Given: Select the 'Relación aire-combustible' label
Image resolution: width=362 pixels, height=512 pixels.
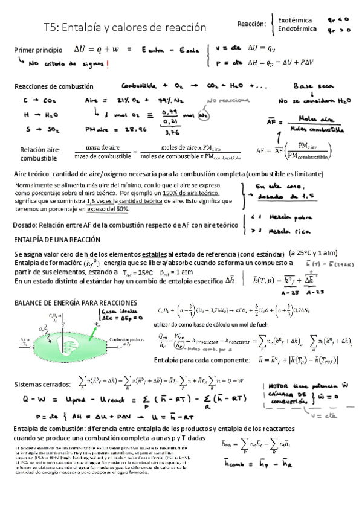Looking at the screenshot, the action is (x=40, y=153).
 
